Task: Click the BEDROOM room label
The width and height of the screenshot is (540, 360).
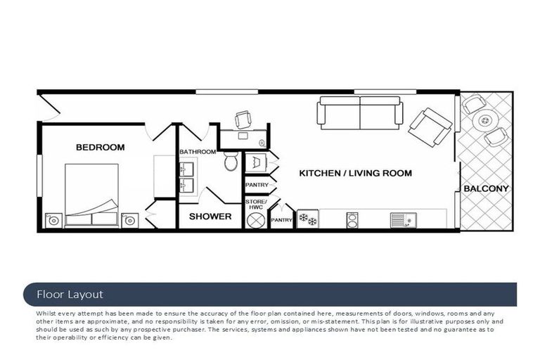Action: coord(100,148)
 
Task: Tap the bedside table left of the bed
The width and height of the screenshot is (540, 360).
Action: coord(53,221)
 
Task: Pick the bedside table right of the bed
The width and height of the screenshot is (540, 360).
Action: coord(129,221)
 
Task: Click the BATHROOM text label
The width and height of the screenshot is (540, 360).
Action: coord(197,152)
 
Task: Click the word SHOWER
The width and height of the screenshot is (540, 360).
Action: coord(210,217)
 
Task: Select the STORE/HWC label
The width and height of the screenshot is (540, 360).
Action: coord(255,205)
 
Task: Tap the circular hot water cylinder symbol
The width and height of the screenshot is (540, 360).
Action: coord(255,220)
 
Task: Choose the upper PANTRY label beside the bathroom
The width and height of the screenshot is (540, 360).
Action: coord(256,185)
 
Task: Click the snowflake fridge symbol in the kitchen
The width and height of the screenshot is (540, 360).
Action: coord(307,219)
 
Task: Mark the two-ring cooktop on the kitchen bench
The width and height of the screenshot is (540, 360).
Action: coord(352,219)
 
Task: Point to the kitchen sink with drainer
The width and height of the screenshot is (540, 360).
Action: coord(399,220)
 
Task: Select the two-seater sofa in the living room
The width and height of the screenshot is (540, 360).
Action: coord(359,112)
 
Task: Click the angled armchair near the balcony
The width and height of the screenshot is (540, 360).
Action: coord(430,127)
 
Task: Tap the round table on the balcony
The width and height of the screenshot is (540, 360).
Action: coord(484,122)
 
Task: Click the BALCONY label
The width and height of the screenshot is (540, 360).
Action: coord(485,188)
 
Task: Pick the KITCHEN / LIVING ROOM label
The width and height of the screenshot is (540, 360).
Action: coord(355,173)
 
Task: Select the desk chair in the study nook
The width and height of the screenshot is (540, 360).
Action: coord(243,119)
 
